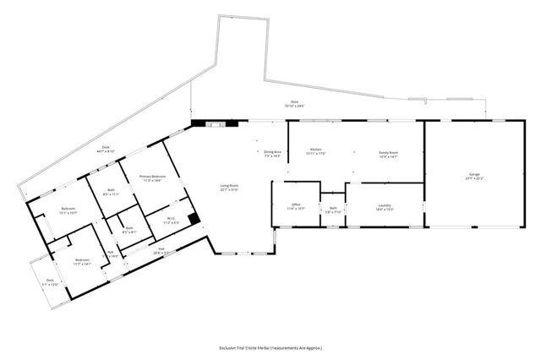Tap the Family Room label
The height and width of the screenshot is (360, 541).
point(388,154)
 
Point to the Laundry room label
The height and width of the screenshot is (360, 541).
point(384,208)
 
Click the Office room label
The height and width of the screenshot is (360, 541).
point(296,206)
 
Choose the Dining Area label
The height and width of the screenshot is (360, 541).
point(272,154)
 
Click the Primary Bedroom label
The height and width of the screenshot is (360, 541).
point(153,178)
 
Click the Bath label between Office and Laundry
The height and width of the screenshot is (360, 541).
point(333,210)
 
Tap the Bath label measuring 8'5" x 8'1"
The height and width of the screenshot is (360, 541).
point(129,230)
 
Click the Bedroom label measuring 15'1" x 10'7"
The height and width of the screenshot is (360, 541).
point(68,210)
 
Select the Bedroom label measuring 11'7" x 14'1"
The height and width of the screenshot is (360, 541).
point(81,261)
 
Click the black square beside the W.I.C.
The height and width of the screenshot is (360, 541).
point(194,219)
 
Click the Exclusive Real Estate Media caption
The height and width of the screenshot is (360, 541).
point(270,347)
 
